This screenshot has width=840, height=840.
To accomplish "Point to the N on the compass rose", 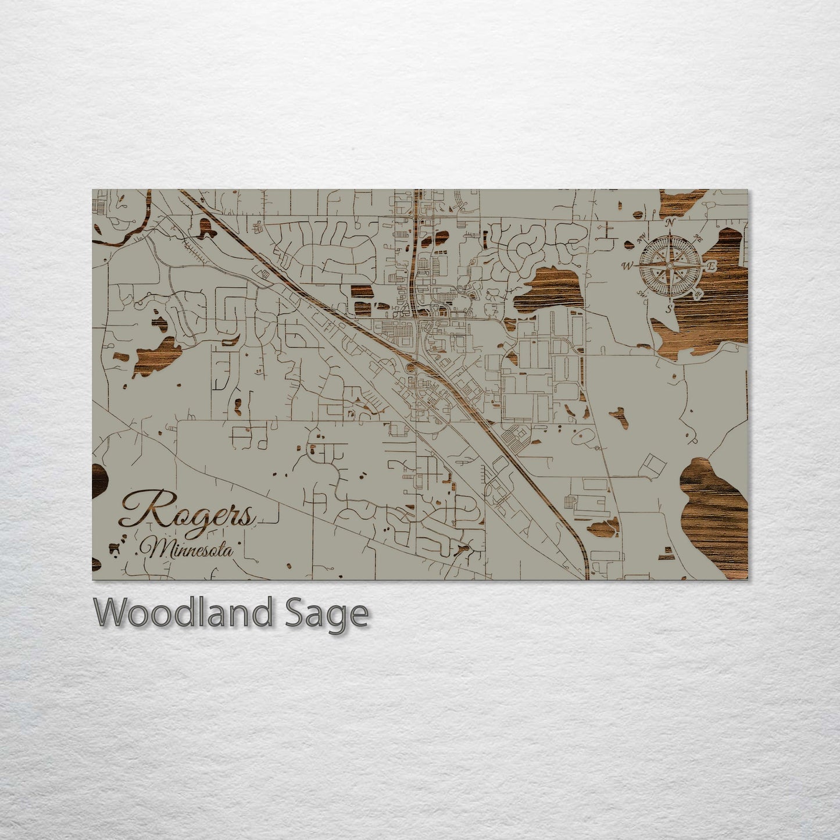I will (x=671, y=222).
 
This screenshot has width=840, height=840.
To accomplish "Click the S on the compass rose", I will (x=669, y=308).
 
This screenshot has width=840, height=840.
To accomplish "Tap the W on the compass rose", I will (x=627, y=266).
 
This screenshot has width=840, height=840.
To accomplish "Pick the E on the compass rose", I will (x=710, y=266).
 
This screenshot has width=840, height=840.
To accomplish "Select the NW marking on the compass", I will (x=642, y=237).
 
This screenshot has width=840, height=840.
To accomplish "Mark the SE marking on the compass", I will (x=698, y=294).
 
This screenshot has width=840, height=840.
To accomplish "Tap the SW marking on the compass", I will (x=642, y=292).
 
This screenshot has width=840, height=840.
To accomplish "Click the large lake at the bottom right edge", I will (x=714, y=512).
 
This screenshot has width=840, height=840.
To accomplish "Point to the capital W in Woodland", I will (x=112, y=612).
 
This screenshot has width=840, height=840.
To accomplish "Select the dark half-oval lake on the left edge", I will (x=99, y=480).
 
